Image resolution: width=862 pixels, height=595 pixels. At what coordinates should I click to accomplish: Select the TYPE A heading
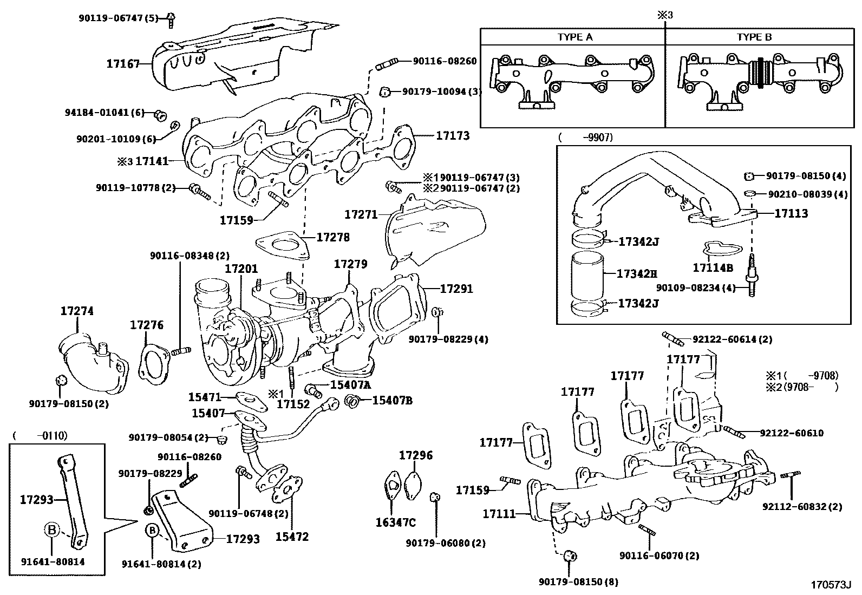[575, 37]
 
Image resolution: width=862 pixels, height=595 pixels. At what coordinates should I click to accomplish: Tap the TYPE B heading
[754, 37]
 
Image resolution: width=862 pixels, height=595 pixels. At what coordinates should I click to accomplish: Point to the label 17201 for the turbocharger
[241, 269]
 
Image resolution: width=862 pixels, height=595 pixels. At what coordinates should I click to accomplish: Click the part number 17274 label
[77, 311]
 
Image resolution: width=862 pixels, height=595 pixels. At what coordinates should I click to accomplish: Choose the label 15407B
[394, 400]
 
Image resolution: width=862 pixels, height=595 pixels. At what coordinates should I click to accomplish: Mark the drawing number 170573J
[831, 585]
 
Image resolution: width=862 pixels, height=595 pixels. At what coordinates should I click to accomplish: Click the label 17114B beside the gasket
[713, 267]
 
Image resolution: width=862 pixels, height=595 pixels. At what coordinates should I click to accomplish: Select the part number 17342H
[637, 274]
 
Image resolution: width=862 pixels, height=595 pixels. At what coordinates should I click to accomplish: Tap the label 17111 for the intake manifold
[499, 513]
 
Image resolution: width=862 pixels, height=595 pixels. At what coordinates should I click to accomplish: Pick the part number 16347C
[395, 522]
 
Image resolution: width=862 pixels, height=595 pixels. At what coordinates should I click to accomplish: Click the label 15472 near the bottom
[292, 537]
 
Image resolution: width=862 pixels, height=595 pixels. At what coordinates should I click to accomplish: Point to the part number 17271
[361, 214]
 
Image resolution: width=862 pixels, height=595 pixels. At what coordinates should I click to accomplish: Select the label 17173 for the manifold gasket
[453, 135]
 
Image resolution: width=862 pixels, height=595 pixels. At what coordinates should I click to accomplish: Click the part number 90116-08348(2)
[190, 256]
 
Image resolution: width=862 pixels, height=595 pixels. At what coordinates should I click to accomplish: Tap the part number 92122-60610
[792, 433]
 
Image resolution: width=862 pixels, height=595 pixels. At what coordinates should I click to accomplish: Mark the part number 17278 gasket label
[333, 237]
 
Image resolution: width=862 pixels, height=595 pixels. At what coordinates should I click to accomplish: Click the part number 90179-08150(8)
[578, 582]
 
